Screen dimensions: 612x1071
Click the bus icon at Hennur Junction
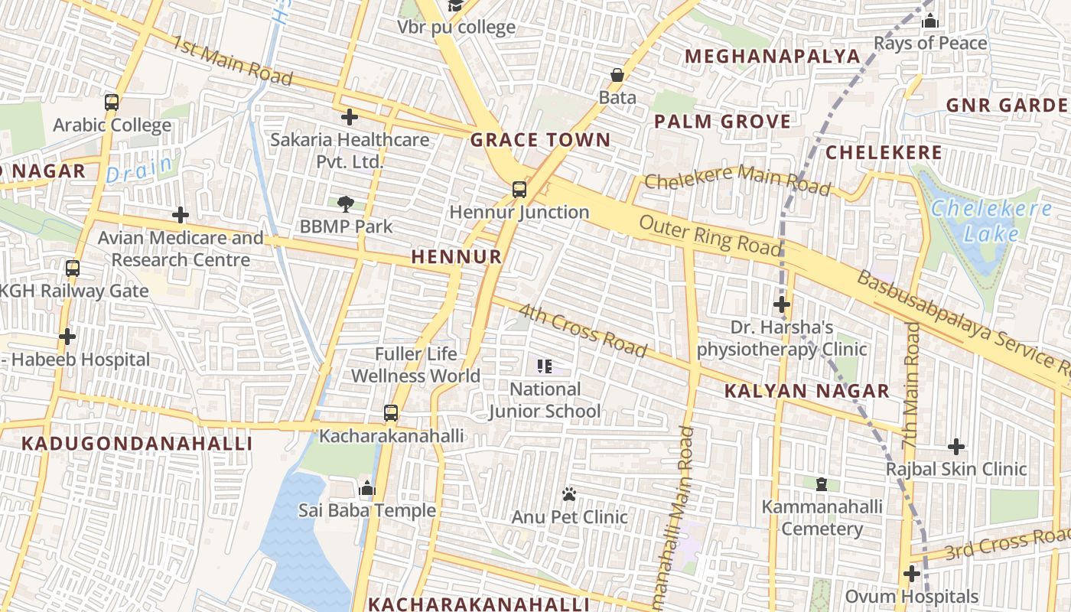coord(519,189)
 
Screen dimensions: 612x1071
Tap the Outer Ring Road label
coord(710,236)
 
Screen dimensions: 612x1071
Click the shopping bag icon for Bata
coord(617,75)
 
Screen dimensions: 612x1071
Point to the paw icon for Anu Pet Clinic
coord(569,494)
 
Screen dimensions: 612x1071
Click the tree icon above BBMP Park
coord(346,203)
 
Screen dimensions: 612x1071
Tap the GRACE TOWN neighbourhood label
coord(540,140)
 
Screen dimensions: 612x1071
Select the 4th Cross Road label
coord(583,330)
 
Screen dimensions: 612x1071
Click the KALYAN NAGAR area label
coord(806,392)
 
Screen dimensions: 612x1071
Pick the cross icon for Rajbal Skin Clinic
coord(956,447)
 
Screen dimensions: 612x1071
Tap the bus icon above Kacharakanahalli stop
coord(391,413)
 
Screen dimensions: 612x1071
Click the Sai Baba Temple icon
coord(367,488)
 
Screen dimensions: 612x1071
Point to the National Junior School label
coord(545,400)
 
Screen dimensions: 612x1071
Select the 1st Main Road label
coord(232,61)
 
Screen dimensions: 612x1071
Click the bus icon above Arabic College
coord(112,102)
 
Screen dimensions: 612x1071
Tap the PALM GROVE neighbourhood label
coord(722,122)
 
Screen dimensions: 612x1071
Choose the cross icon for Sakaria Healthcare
coord(350,117)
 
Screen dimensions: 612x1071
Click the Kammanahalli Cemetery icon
coord(822,483)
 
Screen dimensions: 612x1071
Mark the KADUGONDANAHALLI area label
coord(136,444)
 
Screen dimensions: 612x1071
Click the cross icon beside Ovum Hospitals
coord(911,573)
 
